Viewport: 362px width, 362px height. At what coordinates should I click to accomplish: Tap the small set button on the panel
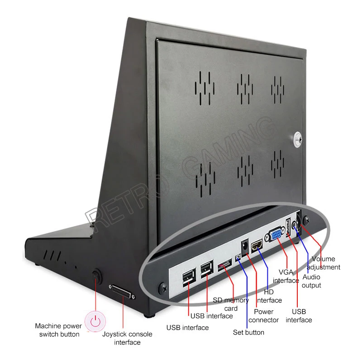[238, 259]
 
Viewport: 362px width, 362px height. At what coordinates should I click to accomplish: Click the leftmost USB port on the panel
[188, 277]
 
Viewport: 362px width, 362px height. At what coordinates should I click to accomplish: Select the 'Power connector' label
[263, 316]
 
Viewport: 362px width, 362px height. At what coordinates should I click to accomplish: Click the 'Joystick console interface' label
[127, 338]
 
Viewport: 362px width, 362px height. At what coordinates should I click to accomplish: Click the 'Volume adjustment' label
[326, 263]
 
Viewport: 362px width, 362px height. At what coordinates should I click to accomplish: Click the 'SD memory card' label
[231, 304]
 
